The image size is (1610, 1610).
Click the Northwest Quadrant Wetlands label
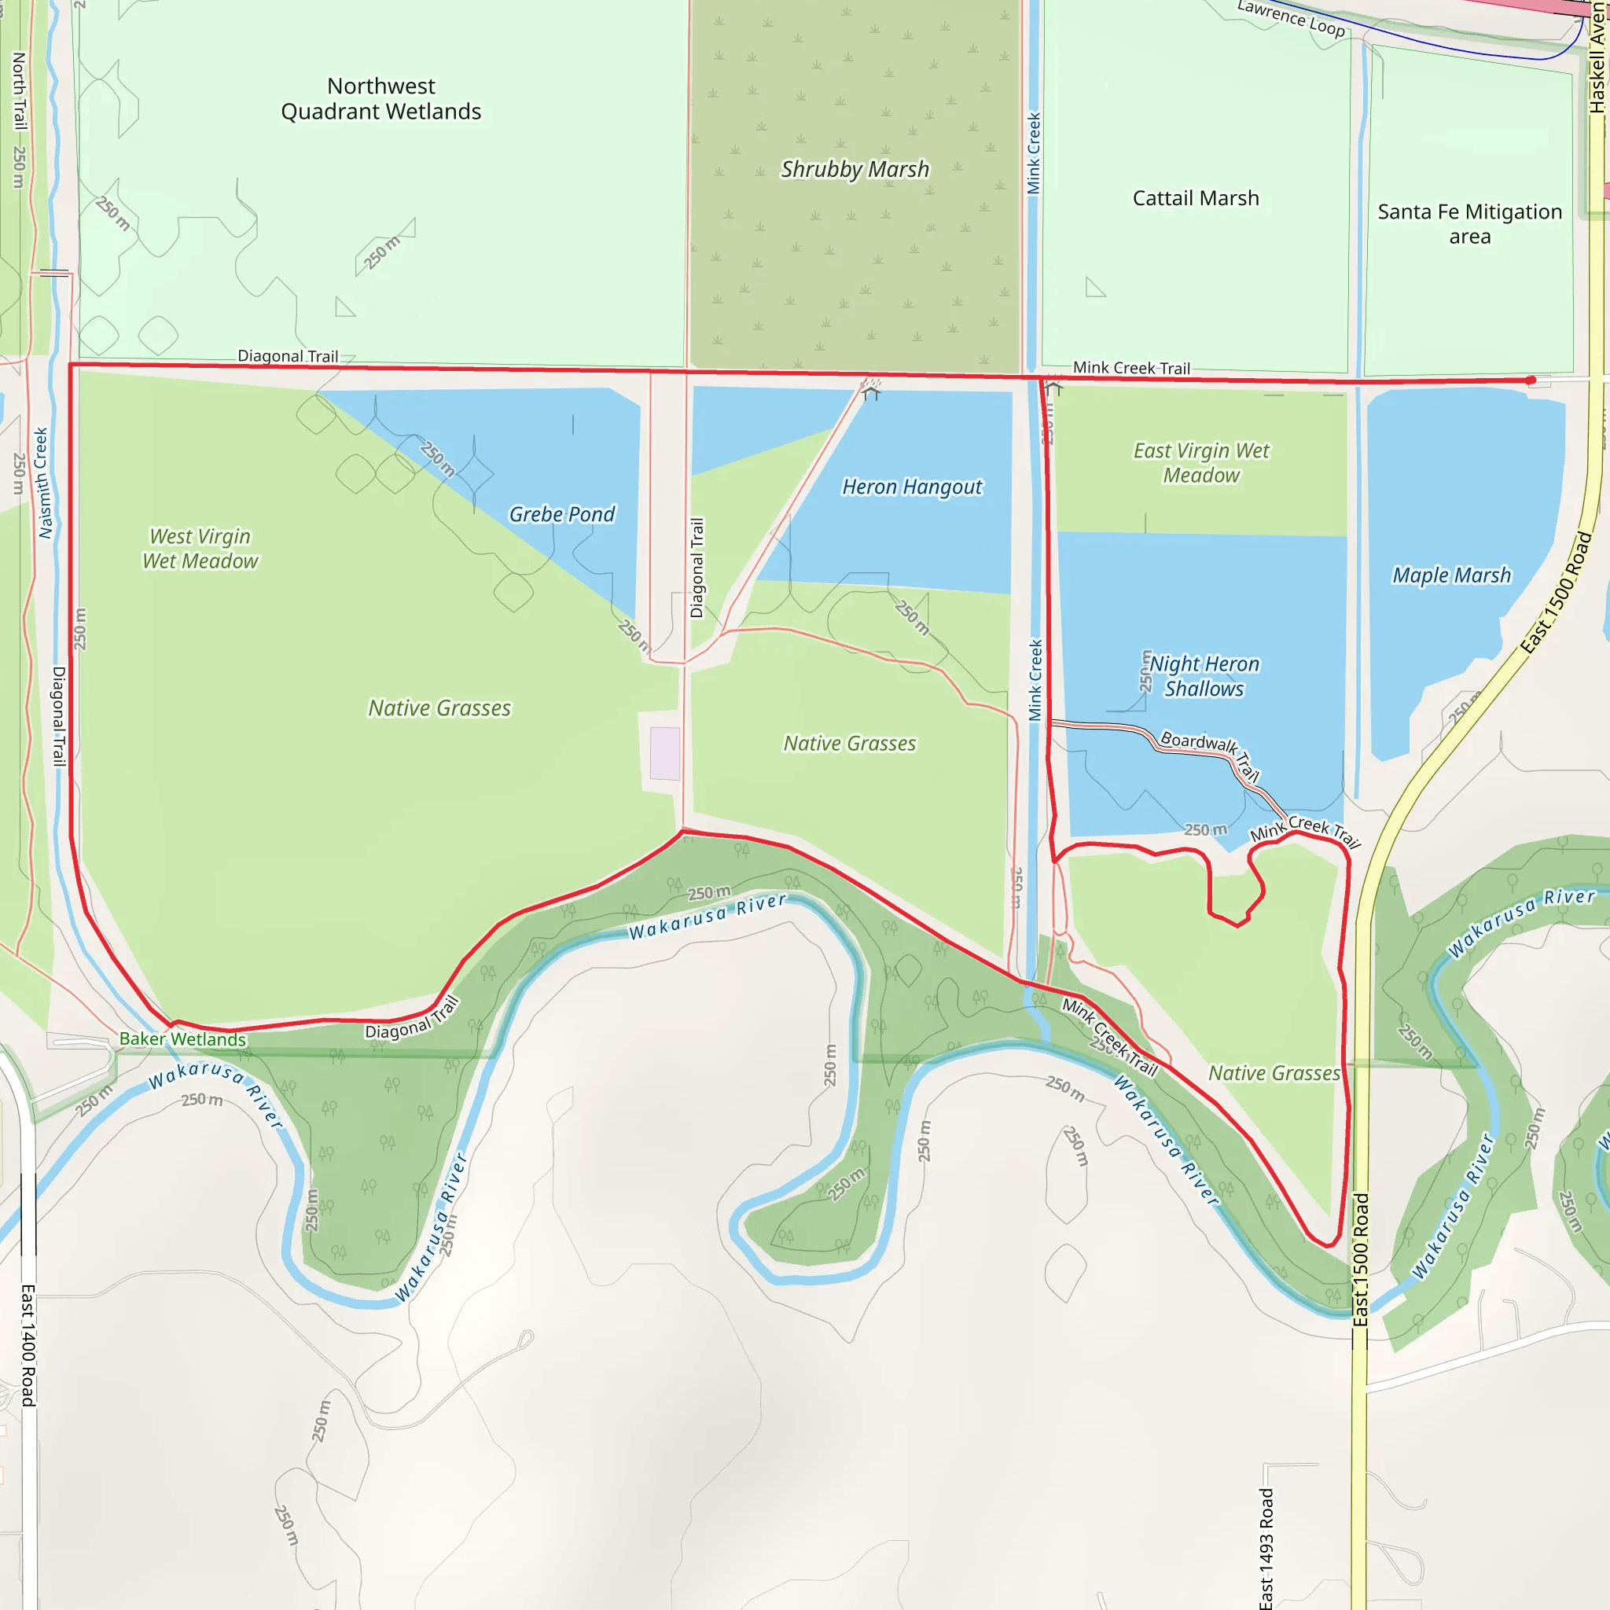(x=380, y=99)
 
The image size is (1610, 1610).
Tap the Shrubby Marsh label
(x=855, y=169)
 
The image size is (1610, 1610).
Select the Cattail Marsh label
(x=1195, y=198)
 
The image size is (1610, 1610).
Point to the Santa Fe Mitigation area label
(x=1469, y=223)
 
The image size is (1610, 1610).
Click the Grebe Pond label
(x=561, y=514)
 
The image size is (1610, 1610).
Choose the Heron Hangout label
(x=912, y=487)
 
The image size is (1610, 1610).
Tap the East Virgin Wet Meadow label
(x=1201, y=462)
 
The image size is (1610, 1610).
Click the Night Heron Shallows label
(x=1204, y=676)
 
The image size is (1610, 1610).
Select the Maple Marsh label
(x=1451, y=575)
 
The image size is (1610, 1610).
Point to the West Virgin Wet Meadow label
(x=200, y=549)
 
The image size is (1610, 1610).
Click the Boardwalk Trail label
(x=1211, y=754)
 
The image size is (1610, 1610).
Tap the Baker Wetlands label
(x=182, y=1039)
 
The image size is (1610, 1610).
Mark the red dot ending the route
(x=1530, y=380)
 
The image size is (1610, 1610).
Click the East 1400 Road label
(x=28, y=1345)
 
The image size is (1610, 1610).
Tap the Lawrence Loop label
(x=1290, y=18)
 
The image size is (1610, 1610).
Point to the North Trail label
(x=19, y=92)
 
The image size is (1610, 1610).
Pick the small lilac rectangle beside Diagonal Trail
(x=664, y=753)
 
